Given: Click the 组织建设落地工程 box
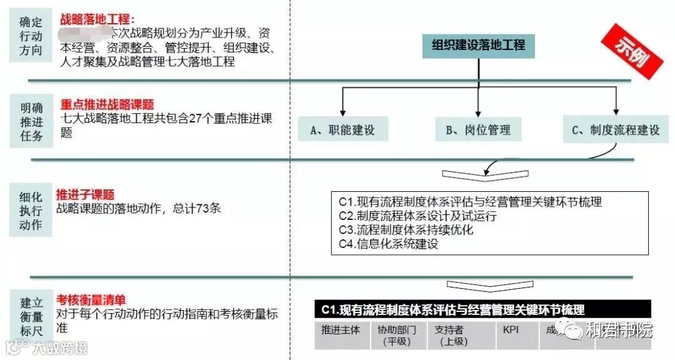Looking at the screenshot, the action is click(x=479, y=46).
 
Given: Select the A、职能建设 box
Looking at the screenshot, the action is click(x=342, y=130).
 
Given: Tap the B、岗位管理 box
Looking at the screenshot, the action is click(x=478, y=130).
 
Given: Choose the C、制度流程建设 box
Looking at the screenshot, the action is click(x=616, y=130).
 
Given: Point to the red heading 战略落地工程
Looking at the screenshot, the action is click(x=97, y=21).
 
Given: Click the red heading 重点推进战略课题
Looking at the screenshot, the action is click(x=107, y=105).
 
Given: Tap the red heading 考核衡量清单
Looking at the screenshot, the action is click(x=91, y=299).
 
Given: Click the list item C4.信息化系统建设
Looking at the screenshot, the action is click(x=389, y=244).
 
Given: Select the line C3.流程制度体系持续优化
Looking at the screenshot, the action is click(x=406, y=230).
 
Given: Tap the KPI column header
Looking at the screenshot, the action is click(x=511, y=329).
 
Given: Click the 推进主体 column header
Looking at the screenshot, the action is click(x=341, y=329).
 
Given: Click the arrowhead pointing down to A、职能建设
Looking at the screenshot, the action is click(x=342, y=111).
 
